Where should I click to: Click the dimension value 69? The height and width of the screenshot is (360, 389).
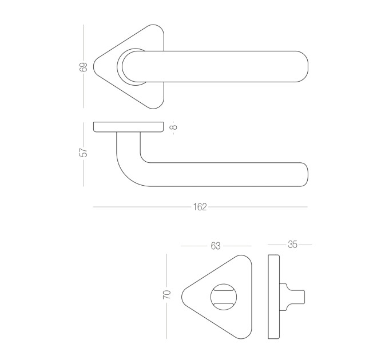click(84, 67)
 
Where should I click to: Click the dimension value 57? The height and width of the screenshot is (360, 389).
click(84, 152)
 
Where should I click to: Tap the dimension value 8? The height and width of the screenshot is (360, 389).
click(174, 127)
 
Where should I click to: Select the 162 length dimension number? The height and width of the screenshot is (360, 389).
click(200, 207)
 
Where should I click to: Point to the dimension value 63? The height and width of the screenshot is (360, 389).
click(215, 246)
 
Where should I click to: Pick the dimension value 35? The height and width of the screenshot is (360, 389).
click(292, 245)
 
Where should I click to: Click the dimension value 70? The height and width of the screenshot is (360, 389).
click(167, 294)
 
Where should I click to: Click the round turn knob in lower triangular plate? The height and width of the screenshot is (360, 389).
click(224, 297)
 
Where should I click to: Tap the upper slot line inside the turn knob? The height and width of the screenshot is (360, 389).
click(224, 290)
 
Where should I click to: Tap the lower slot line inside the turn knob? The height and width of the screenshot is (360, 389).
click(224, 303)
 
